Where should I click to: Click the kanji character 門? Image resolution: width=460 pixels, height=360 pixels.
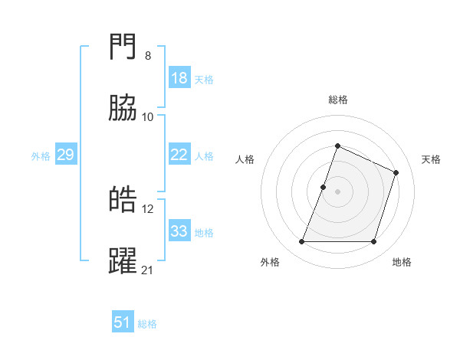click(x=123, y=48)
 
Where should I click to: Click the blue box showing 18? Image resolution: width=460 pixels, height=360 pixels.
click(x=179, y=78)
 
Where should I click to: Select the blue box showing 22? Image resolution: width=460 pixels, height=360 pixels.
click(x=179, y=155)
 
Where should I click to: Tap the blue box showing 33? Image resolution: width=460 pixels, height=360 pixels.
click(x=179, y=231)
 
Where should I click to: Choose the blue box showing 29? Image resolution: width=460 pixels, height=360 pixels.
click(x=65, y=155)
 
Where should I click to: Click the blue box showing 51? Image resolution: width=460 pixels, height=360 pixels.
click(x=123, y=322)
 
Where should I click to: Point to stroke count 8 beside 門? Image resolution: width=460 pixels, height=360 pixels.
click(x=148, y=56)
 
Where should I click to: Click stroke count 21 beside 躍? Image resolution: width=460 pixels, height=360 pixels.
click(x=148, y=269)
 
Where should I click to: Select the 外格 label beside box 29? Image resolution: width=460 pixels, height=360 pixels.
click(x=41, y=156)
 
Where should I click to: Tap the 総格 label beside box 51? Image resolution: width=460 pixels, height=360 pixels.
click(x=147, y=324)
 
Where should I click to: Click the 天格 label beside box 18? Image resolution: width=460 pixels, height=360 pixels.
click(x=204, y=80)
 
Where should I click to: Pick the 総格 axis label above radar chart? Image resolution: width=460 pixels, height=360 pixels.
click(x=338, y=100)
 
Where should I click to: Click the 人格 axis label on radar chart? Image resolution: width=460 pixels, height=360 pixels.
click(x=245, y=159)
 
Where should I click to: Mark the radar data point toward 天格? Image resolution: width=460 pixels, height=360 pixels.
click(x=396, y=172)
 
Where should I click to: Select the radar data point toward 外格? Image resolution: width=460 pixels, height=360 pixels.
click(x=302, y=242)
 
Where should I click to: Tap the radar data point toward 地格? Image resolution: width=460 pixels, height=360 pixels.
click(x=374, y=242)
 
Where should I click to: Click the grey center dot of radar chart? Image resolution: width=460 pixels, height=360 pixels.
click(x=338, y=191)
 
